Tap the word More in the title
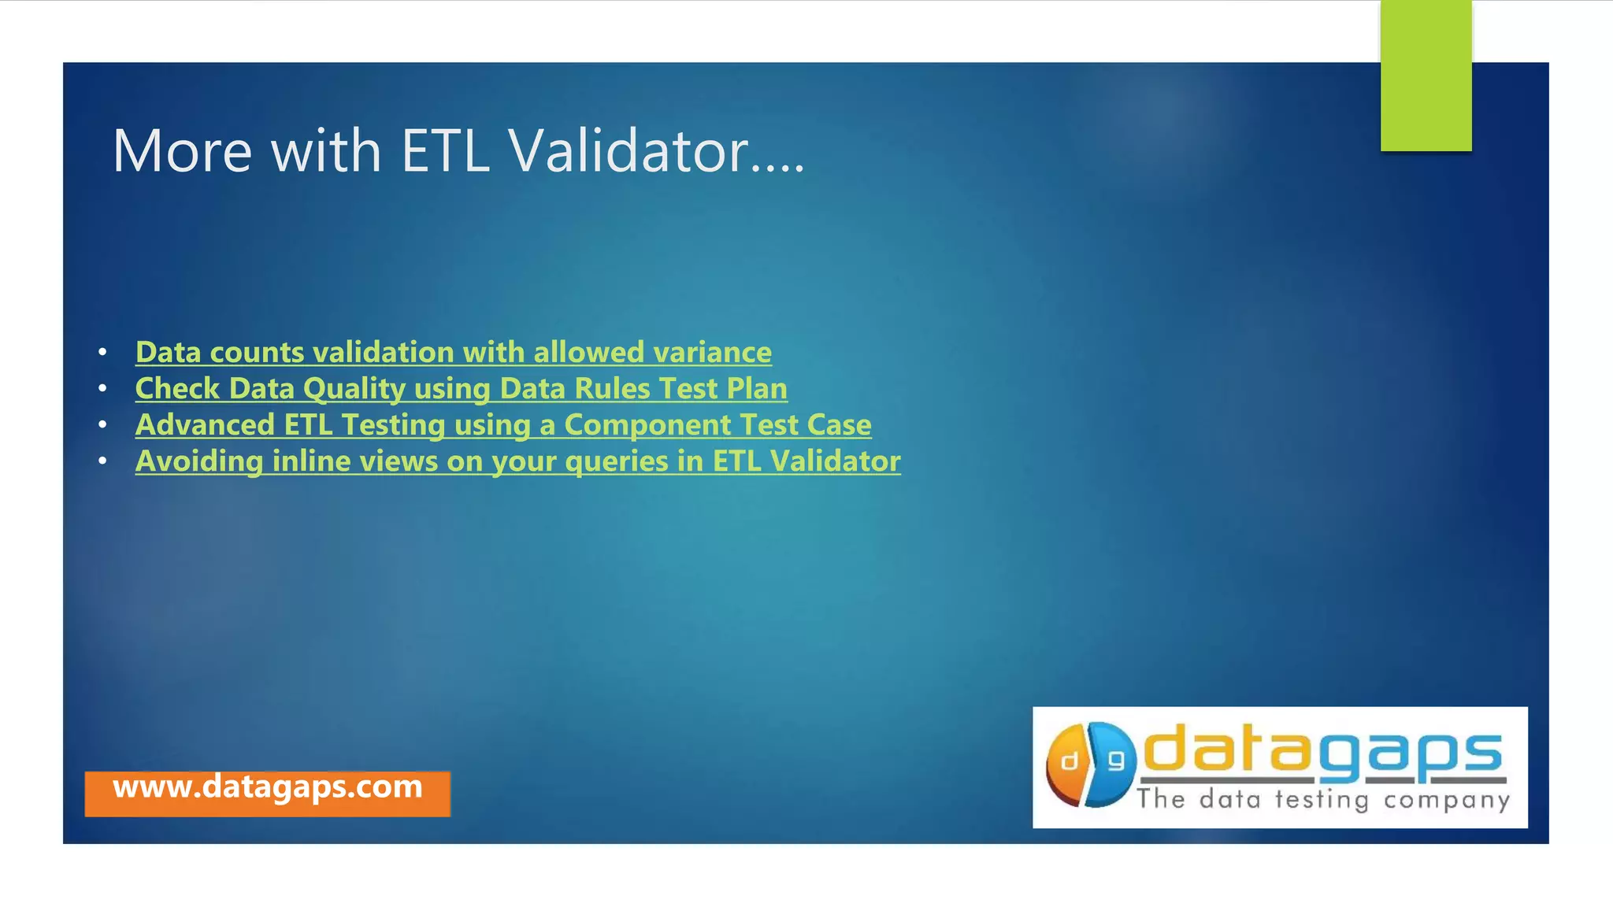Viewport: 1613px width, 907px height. tap(182, 150)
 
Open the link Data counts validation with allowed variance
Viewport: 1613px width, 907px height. tap(453, 352)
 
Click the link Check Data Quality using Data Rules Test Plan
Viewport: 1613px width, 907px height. tap(461, 388)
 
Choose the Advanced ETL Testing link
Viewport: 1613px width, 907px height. tap(502, 424)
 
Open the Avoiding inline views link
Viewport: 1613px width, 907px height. tap(517, 461)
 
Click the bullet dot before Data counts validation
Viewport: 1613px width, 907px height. tap(102, 352)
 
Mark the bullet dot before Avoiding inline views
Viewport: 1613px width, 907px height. tap(102, 461)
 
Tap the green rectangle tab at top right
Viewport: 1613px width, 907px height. tap(1426, 75)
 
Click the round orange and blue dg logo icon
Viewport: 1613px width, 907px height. tap(1092, 764)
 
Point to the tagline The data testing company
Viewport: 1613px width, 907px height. tap(1322, 800)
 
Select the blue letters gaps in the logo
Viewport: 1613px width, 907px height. tap(1411, 754)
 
